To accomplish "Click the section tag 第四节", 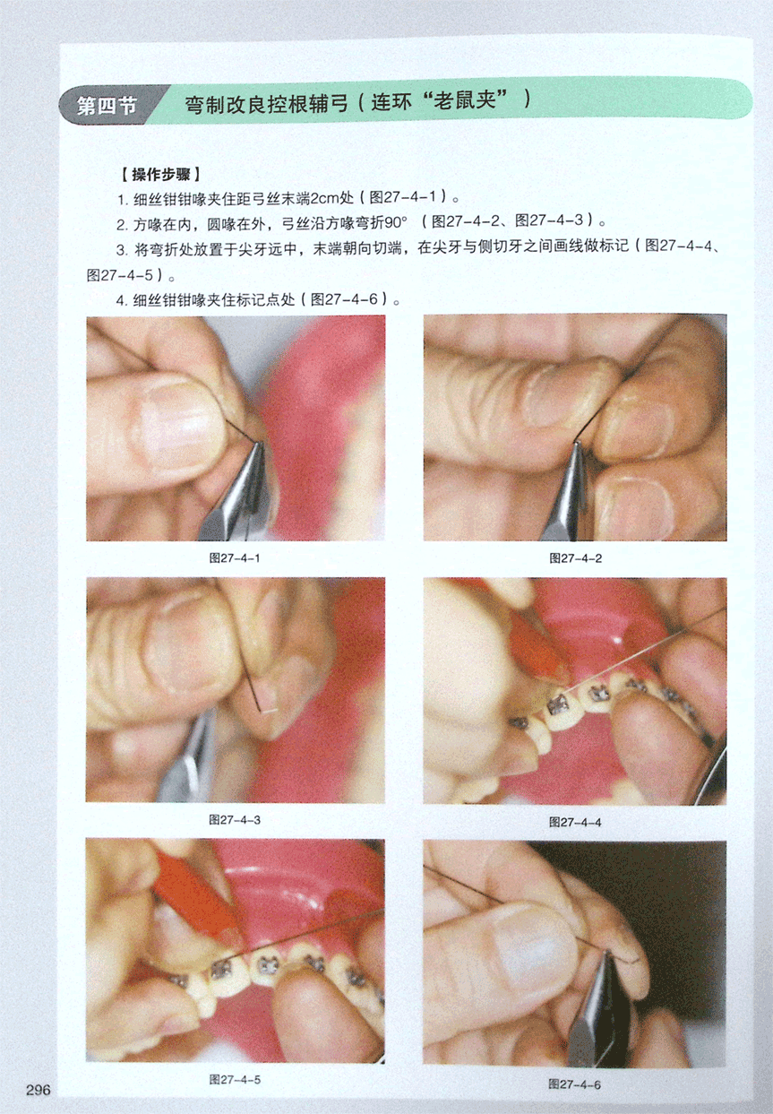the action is (107, 106).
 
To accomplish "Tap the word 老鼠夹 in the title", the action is (465, 101).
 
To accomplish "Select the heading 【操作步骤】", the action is (160, 175).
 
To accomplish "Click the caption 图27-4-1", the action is (235, 558).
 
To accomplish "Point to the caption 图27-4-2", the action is (575, 558).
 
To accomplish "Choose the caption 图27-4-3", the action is (235, 819).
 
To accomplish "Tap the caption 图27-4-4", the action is (575, 822).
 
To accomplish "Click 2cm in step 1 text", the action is (324, 198).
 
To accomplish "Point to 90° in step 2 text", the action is (396, 223).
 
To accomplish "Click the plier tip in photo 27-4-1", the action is (259, 445).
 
